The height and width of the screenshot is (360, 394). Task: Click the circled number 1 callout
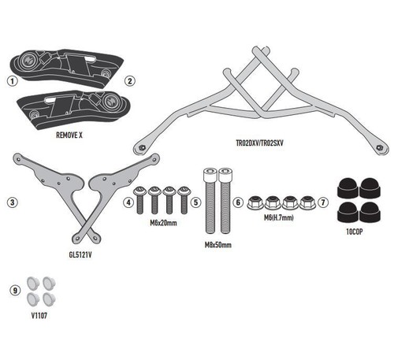pyautogui.click(x=13, y=80)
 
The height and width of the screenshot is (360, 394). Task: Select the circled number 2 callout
pyautogui.click(x=130, y=81)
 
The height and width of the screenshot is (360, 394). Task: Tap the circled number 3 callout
pyautogui.click(x=13, y=202)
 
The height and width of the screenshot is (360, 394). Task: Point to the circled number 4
pyautogui.click(x=128, y=202)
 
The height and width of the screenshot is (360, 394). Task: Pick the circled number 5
pyautogui.click(x=196, y=202)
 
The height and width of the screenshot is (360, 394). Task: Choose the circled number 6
pyautogui.click(x=238, y=202)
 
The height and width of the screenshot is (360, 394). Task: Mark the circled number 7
pyautogui.click(x=323, y=202)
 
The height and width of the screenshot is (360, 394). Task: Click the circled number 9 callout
pyautogui.click(x=15, y=291)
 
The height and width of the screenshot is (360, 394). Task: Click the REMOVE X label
pyautogui.click(x=69, y=135)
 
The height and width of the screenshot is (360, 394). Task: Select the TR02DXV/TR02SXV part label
pyautogui.click(x=260, y=143)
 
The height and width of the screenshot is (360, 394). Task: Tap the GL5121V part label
pyautogui.click(x=80, y=254)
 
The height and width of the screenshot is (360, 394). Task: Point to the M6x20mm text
pyautogui.click(x=163, y=223)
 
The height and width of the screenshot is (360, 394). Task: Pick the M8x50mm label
pyautogui.click(x=218, y=245)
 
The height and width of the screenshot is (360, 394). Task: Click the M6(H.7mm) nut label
pyautogui.click(x=279, y=217)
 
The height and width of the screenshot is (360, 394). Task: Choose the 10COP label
pyautogui.click(x=355, y=232)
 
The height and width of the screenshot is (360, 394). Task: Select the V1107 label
pyautogui.click(x=39, y=316)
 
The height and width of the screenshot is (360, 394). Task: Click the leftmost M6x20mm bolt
pyautogui.click(x=139, y=200)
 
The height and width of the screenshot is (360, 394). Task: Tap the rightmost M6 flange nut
pyautogui.click(x=307, y=202)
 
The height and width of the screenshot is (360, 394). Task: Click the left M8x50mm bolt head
pyautogui.click(x=210, y=174)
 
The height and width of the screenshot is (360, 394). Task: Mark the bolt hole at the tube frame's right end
pyautogui.click(x=379, y=147)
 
